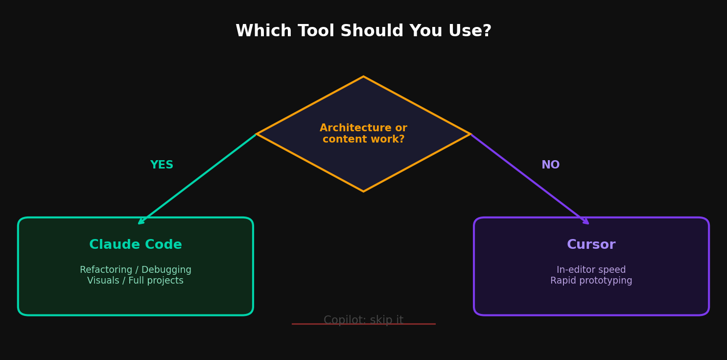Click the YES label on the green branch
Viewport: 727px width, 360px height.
162,165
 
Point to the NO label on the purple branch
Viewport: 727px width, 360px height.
550,165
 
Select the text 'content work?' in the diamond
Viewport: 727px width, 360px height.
363,139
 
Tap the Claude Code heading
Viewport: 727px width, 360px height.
136,244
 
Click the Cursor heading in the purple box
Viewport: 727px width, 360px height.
591,244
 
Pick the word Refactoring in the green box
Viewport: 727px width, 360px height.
106,270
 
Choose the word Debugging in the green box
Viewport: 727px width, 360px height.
166,270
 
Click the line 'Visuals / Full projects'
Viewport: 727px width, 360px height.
135,281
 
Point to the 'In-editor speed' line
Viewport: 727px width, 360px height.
591,270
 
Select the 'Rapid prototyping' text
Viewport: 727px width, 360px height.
591,281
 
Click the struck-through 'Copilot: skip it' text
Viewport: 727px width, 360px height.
363,320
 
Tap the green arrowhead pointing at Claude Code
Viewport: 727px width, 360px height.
141,221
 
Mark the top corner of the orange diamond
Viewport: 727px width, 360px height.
363,76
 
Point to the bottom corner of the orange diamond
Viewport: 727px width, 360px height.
363,192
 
